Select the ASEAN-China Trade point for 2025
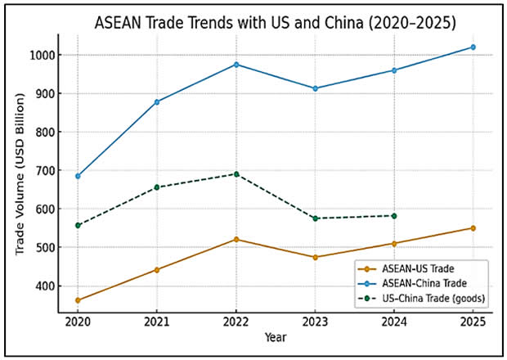click(x=473, y=47)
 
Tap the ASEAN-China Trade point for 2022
click(x=236, y=64)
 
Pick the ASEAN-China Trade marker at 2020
click(x=78, y=176)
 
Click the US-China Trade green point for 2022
click(x=236, y=173)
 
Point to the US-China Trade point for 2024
click(x=394, y=215)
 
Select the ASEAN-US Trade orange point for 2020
click(x=78, y=300)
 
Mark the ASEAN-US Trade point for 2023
click(x=315, y=257)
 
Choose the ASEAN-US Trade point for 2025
click(x=473, y=227)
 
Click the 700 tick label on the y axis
click(x=46, y=170)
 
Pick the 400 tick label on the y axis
click(x=46, y=286)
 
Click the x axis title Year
click(x=275, y=336)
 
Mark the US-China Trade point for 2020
click(x=78, y=225)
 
